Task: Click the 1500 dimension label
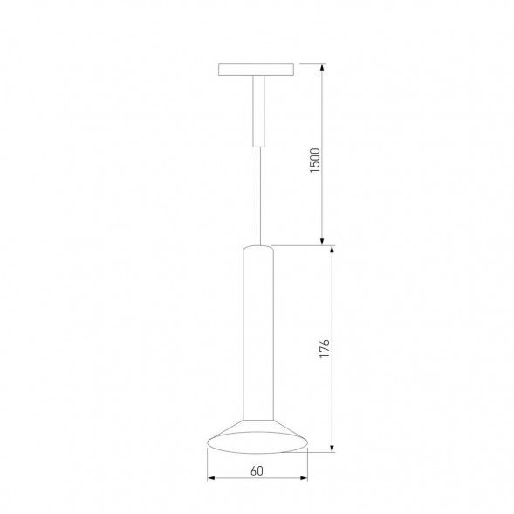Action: click(315, 162)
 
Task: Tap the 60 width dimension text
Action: click(257, 472)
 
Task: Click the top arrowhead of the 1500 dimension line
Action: click(324, 66)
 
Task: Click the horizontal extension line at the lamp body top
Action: click(301, 245)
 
